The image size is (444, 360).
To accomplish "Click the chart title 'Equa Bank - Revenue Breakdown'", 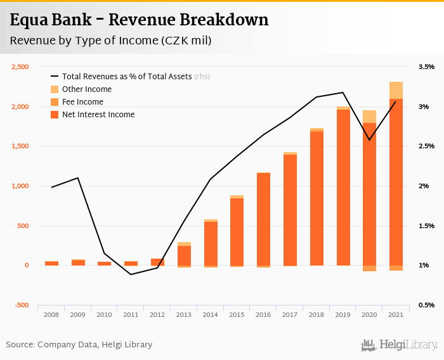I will point(139,20).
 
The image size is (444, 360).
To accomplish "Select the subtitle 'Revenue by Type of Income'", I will point(110,41).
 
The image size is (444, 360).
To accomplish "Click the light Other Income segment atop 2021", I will point(396,90).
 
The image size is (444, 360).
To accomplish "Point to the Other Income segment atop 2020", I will point(370,116).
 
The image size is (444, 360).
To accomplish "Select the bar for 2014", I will point(211,243).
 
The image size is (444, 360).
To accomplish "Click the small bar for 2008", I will point(51,263).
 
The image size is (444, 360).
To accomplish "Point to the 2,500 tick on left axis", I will point(20,67).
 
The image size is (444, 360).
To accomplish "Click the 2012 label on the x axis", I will point(157,314).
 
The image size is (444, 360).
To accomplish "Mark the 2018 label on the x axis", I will point(317,314).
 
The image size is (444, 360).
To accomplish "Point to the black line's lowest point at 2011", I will point(131,274).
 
